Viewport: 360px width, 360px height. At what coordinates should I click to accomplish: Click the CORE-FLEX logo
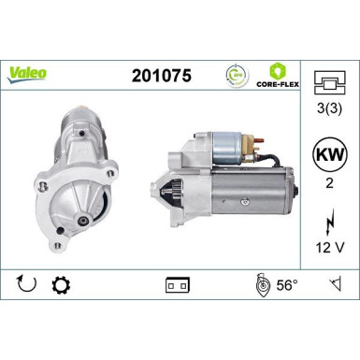point(278,74)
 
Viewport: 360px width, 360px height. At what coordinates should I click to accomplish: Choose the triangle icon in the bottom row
point(334,282)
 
